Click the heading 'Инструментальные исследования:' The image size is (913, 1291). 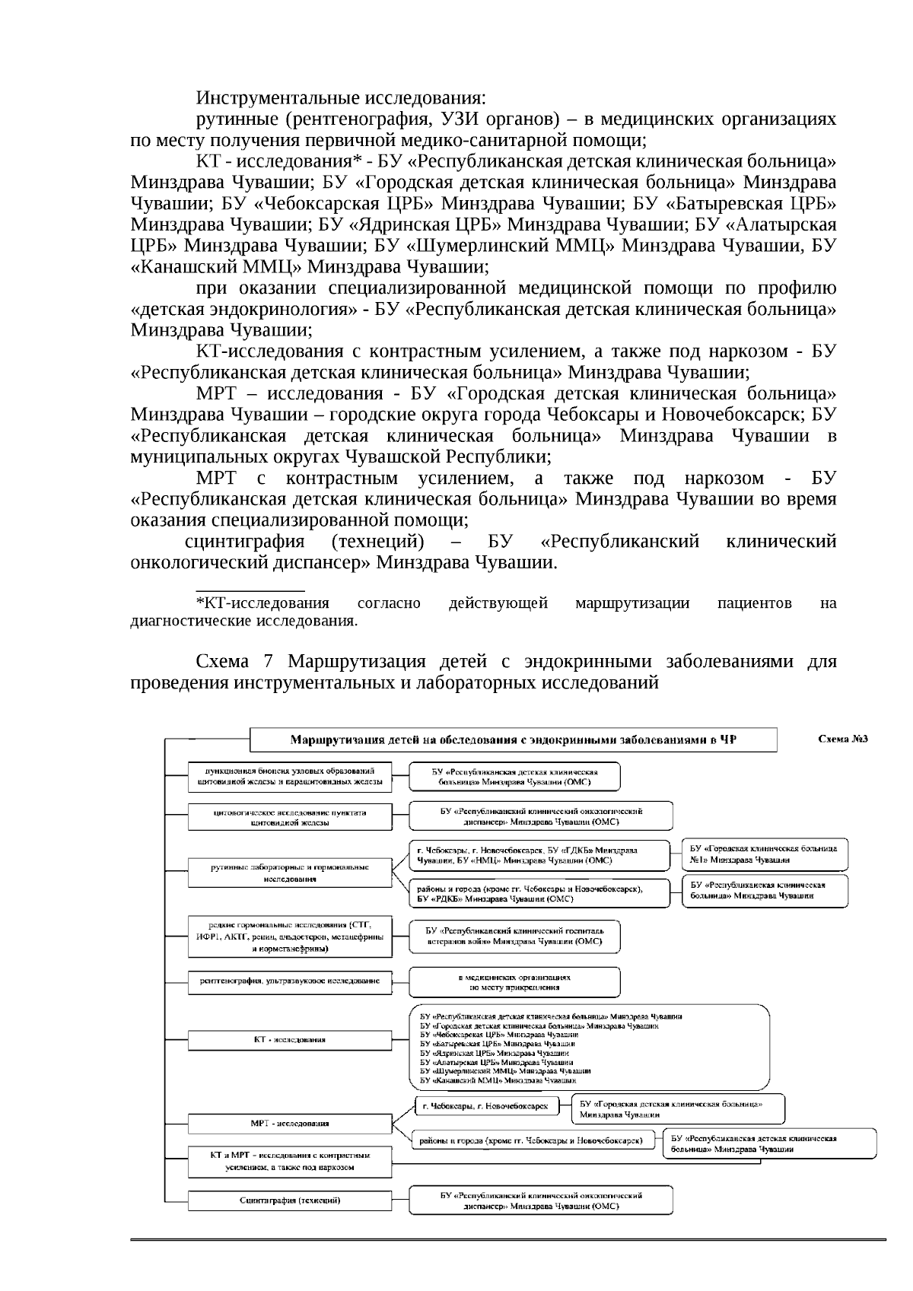tap(341, 99)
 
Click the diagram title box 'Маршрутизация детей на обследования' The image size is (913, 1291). tap(514, 739)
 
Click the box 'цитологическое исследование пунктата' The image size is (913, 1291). tap(290, 817)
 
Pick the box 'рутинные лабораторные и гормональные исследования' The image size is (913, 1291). tap(290, 872)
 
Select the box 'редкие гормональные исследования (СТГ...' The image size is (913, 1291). tap(290, 936)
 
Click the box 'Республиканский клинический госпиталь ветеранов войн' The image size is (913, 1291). tap(514, 936)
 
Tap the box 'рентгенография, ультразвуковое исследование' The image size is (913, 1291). tap(290, 981)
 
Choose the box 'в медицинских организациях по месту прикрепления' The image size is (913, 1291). tap(514, 981)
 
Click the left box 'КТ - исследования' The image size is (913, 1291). tap(290, 1039)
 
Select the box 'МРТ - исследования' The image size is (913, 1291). tap(290, 1123)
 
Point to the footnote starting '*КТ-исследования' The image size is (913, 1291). tap(263, 603)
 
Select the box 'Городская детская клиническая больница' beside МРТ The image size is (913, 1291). tap(678, 1108)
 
